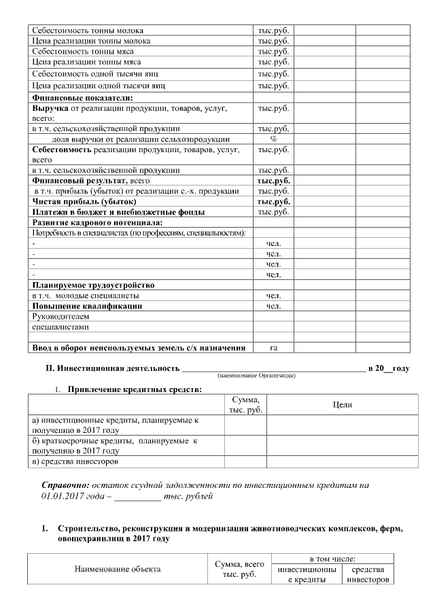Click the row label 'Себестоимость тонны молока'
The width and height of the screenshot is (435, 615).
click(88, 31)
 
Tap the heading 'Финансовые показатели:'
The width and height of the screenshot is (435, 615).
click(83, 97)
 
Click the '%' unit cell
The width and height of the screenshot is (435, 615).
click(274, 139)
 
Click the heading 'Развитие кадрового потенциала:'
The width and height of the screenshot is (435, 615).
click(99, 223)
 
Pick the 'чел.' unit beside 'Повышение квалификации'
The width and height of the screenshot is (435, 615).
click(274, 306)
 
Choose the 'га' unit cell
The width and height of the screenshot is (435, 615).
click(274, 348)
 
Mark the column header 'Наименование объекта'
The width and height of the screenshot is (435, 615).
click(118, 569)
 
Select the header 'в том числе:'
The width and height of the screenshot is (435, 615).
click(333, 558)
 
